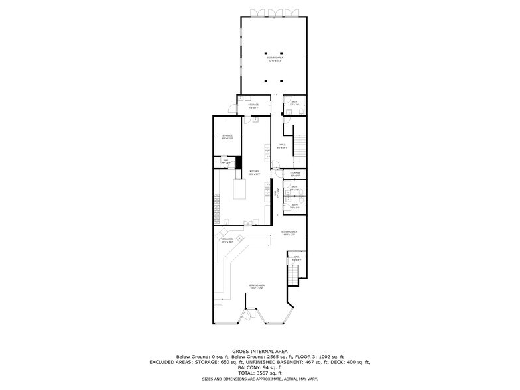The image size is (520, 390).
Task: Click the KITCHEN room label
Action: [x=254, y=172]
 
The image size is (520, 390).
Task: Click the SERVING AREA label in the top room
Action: [x=274, y=58]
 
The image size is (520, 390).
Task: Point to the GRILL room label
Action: [x=296, y=257]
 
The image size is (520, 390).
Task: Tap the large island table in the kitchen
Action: [x=239, y=191]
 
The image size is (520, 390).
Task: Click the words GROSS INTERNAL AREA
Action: [x=260, y=350]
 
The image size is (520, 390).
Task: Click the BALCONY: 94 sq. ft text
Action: [x=260, y=367]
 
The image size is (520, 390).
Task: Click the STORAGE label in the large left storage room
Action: [x=227, y=136]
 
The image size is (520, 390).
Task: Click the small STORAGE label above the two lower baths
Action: [x=295, y=173]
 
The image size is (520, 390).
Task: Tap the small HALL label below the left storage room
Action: [x=225, y=161]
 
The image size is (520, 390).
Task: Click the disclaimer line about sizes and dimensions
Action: [x=260, y=379]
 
